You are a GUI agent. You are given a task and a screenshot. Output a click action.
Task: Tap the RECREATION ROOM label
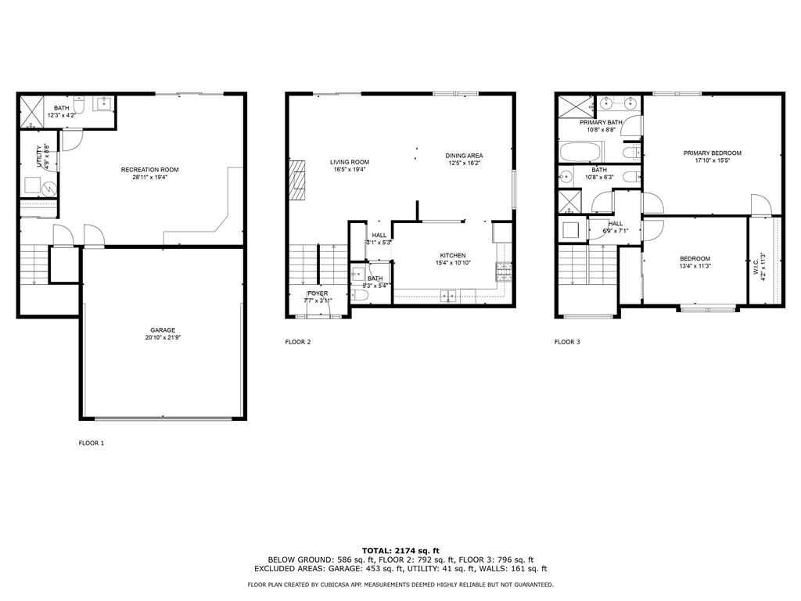pos(149,170)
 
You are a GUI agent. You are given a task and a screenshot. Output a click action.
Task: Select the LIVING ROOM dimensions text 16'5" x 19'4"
pos(349,169)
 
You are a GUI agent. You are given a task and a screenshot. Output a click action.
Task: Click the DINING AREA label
pos(463,155)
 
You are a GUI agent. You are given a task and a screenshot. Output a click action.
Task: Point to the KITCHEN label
pos(452,255)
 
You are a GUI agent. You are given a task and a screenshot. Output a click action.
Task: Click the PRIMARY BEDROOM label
pos(712,153)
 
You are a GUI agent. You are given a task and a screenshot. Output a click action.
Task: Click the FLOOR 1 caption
pos(91,443)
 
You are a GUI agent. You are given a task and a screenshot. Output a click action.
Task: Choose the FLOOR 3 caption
pos(567,342)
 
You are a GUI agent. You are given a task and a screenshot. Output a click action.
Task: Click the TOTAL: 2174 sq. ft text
pos(400,551)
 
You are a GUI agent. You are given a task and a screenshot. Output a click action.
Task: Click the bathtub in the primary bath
pos(580,151)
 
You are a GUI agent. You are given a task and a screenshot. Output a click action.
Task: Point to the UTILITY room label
pos(38,155)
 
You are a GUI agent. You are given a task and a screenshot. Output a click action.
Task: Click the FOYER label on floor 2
pos(318,293)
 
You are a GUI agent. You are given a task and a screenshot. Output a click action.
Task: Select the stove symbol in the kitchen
pos(501,272)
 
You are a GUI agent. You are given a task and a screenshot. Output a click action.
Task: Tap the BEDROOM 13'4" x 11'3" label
pos(695,259)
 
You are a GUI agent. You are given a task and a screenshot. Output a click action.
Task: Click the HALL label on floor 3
pos(616,224)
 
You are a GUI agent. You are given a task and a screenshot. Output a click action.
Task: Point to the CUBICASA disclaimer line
pos(400,585)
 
